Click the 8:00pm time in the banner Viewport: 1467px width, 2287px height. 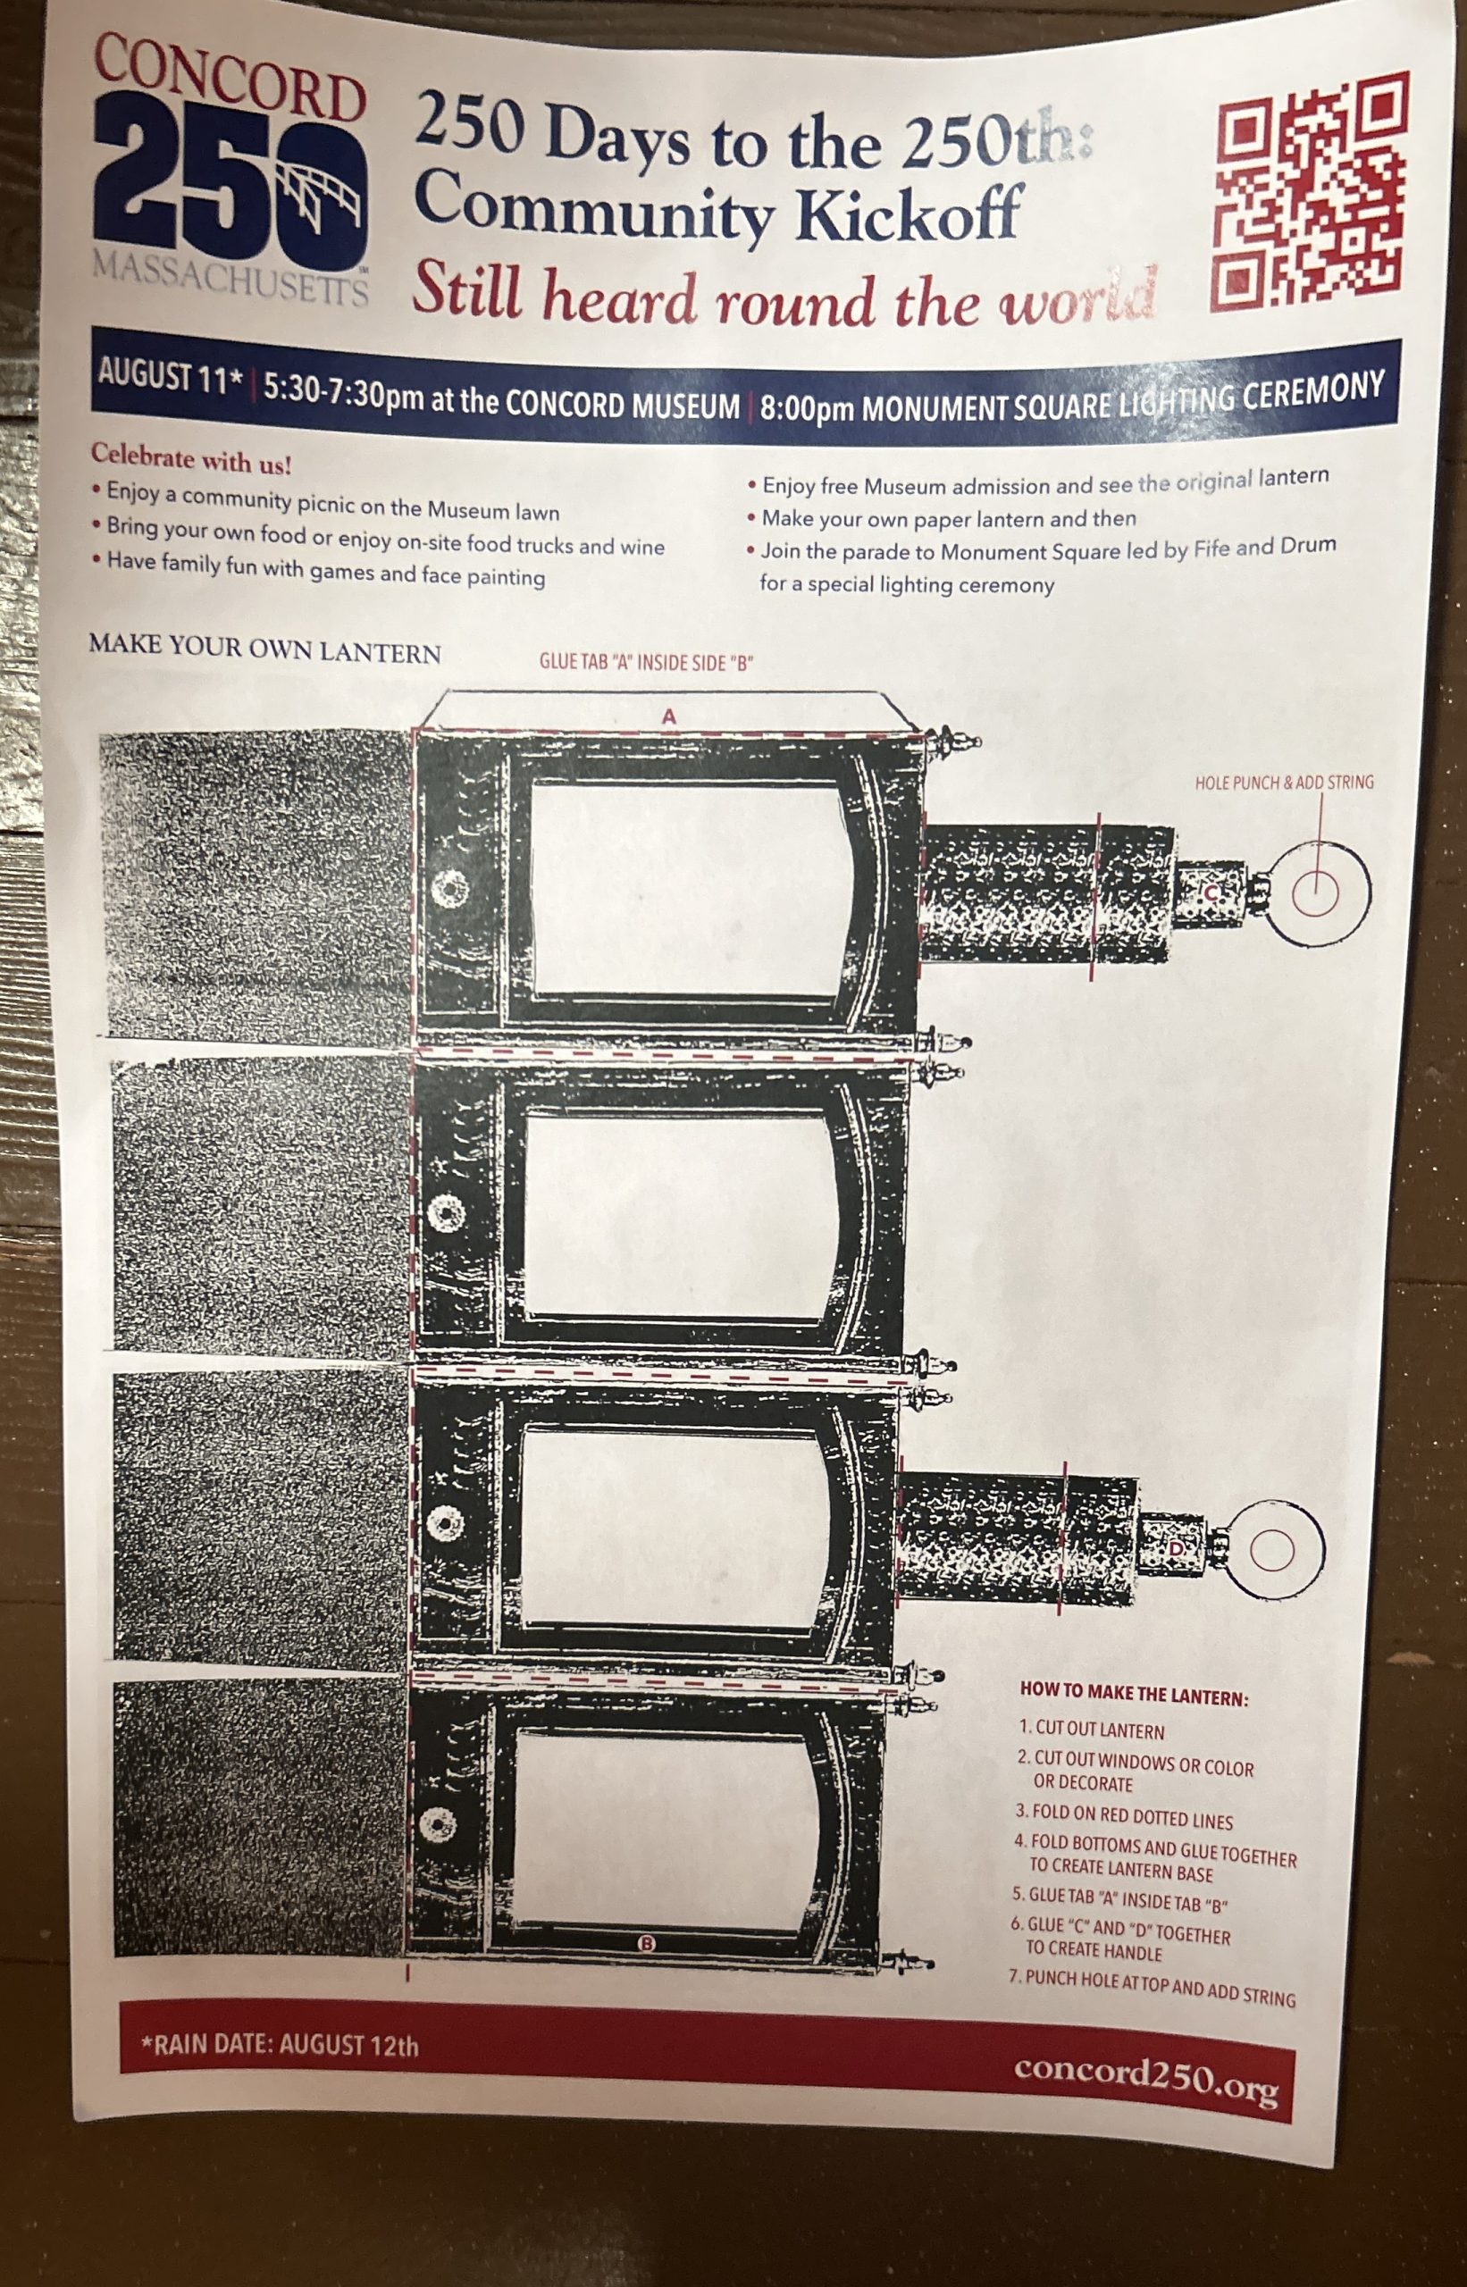pos(807,407)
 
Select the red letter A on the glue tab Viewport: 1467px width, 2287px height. pos(668,716)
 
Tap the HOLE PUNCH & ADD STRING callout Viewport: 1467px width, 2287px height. pos(1284,783)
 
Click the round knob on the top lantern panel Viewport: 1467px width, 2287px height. pos(447,892)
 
